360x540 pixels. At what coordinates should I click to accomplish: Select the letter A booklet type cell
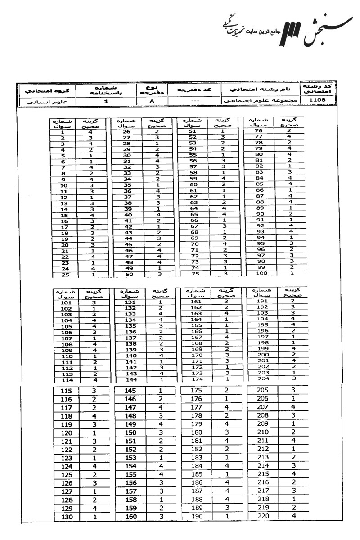tap(152, 102)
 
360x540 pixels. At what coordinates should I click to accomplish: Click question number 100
tap(259, 272)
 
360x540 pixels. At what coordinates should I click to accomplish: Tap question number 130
tap(66, 517)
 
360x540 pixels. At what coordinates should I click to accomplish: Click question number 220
tap(263, 516)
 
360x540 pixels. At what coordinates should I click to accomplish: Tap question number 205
tap(263, 390)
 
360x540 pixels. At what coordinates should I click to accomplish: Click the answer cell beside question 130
tap(94, 517)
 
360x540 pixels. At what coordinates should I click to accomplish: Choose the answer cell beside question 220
tap(293, 516)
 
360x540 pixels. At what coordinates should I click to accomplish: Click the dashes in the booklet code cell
tap(195, 102)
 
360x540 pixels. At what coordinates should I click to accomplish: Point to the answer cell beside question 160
tap(160, 517)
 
